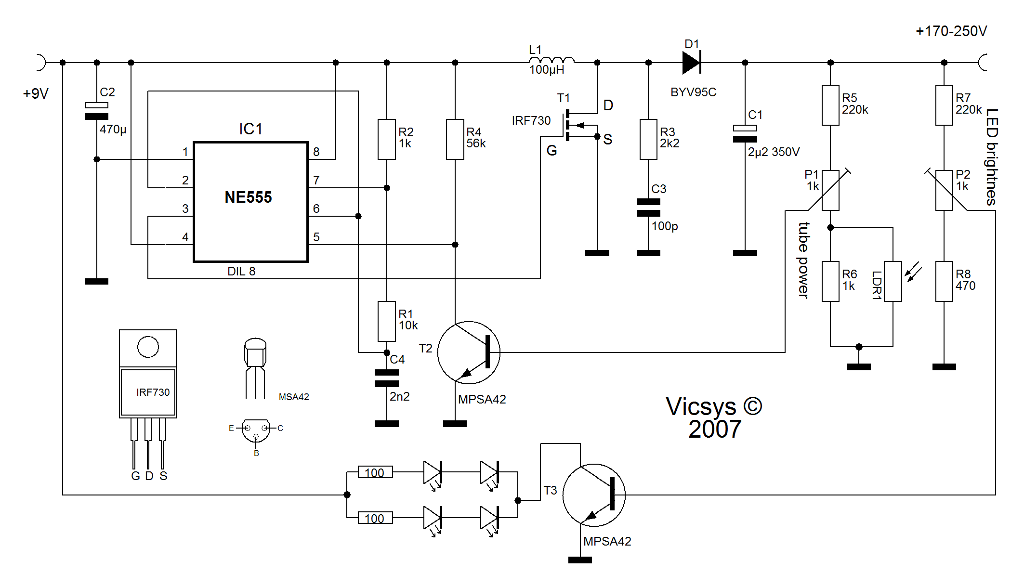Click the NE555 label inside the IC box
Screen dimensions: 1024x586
pos(248,197)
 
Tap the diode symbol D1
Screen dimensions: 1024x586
pos(692,63)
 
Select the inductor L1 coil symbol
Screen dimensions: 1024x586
pos(551,60)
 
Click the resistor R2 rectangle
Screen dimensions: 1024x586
pos(387,139)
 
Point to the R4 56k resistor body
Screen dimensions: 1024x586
pos(455,139)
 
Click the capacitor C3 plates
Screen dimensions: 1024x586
pos(648,208)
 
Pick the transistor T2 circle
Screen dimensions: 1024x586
pos(469,352)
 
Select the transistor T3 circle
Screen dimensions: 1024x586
pos(594,495)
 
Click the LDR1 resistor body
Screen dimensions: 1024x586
pos(893,282)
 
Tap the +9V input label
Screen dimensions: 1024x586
pos(36,93)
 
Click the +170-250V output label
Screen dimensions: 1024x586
pos(951,31)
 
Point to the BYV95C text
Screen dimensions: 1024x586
pos(694,92)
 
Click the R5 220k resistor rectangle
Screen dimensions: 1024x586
pos(830,105)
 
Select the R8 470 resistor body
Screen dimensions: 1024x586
pos(944,282)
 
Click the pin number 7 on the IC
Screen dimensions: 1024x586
pos(316,180)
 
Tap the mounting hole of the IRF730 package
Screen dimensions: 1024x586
pos(148,347)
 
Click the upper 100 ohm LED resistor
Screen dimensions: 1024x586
pos(375,472)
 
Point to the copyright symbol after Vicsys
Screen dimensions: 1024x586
pos(752,406)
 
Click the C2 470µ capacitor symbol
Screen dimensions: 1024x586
pos(96,111)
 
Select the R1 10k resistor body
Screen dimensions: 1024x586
pos(387,321)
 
